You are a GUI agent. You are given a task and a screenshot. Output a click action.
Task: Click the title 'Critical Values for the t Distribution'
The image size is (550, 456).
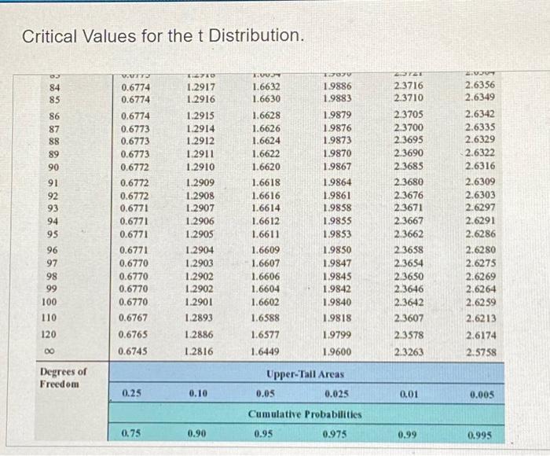tap(162, 36)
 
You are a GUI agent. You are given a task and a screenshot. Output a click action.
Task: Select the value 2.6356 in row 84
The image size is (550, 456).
tap(479, 86)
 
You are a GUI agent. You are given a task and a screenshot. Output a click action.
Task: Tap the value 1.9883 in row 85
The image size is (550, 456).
tap(336, 99)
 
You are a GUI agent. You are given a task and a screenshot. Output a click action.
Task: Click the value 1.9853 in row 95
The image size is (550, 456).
tap(336, 234)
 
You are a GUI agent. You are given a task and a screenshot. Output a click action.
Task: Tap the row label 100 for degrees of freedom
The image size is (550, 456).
tap(49, 301)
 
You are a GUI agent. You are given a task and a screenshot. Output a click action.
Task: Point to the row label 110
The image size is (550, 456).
tap(49, 318)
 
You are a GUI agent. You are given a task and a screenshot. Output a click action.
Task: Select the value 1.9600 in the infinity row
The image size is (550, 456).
tap(336, 351)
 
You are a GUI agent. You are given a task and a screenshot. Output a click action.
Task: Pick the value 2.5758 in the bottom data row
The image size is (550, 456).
tap(479, 351)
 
